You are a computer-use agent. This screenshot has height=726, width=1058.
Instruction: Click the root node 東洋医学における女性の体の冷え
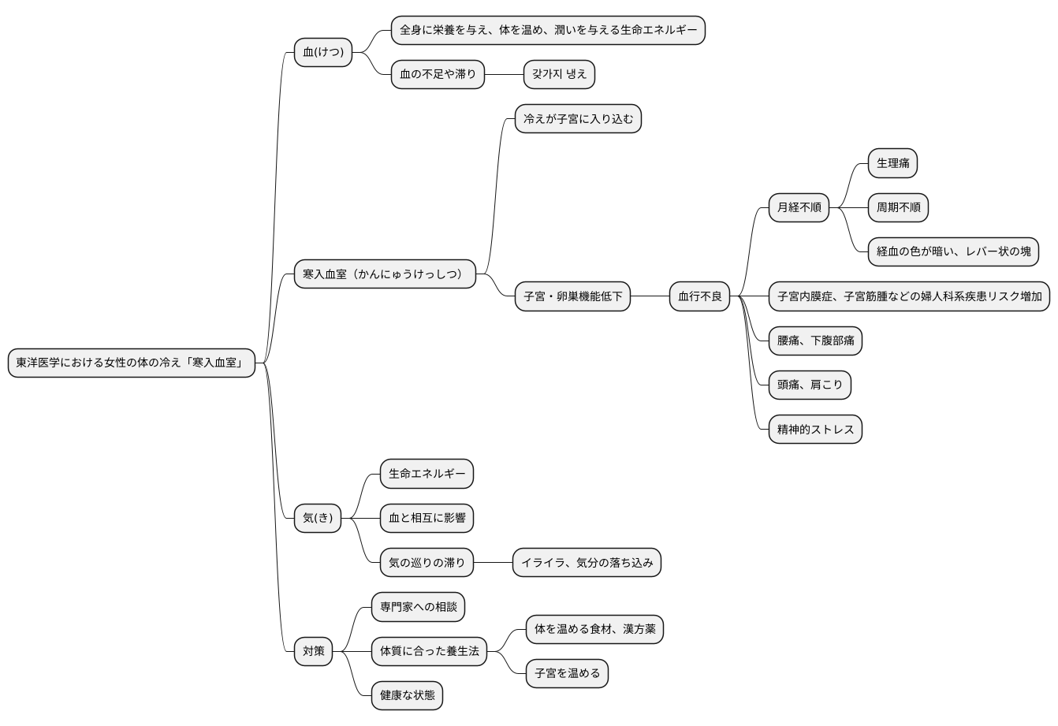(132, 363)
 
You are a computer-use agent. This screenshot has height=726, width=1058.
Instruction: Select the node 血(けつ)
(323, 53)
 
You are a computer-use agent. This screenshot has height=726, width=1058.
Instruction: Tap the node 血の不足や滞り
(438, 75)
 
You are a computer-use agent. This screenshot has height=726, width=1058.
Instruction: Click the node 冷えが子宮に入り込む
(578, 119)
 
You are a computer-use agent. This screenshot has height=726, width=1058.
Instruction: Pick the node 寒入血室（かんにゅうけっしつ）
(385, 274)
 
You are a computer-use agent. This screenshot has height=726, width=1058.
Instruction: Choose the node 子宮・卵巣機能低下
(572, 296)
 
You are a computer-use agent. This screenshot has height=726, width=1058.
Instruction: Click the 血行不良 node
(700, 296)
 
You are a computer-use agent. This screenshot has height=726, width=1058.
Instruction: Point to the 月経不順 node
(799, 208)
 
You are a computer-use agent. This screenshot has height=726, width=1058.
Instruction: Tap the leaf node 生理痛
(892, 164)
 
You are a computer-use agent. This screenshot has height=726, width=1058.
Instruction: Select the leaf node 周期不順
(898, 208)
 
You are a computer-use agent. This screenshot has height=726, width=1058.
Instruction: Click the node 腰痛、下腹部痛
(815, 341)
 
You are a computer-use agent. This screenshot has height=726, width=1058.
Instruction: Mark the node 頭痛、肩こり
(810, 385)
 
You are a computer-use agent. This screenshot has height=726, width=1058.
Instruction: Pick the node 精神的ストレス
(815, 430)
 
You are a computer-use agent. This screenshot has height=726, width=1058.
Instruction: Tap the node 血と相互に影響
(427, 518)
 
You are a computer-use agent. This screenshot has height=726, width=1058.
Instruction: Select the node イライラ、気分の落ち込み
(587, 563)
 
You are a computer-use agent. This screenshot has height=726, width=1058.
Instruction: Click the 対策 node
(313, 651)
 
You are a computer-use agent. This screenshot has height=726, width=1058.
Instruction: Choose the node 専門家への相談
(418, 607)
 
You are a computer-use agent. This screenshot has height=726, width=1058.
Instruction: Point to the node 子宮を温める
(567, 673)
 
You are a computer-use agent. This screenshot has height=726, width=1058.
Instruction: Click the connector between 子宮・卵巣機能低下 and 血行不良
(650, 296)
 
